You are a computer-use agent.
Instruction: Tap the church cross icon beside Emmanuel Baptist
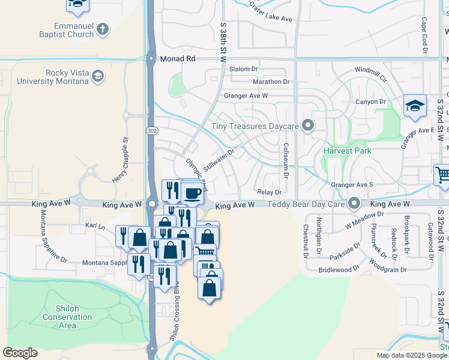103,28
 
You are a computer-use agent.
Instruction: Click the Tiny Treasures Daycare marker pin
309,126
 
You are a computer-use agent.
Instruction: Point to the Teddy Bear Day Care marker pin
354,205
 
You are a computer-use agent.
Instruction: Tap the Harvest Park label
348,151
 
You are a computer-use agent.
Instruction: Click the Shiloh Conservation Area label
68,317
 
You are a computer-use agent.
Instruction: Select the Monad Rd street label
178,59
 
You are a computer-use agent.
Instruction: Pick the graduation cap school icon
415,106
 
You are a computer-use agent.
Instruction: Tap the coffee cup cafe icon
193,193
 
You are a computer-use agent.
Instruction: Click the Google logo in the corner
20,353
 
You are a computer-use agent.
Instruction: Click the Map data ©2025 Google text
412,355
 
